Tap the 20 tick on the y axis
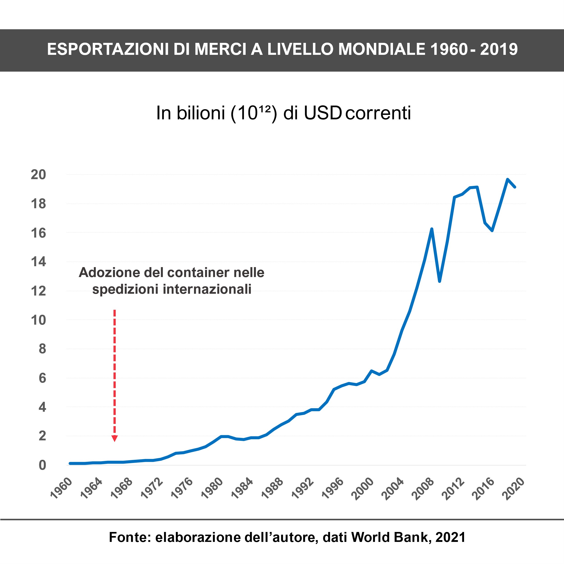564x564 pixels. click(x=39, y=175)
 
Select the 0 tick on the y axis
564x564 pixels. click(x=42, y=465)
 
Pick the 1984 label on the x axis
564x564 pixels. click(x=242, y=488)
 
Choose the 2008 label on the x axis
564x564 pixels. click(x=423, y=489)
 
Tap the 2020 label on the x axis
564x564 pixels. click(x=513, y=489)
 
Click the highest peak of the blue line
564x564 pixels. click(x=508, y=179)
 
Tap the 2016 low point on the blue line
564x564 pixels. click(x=492, y=231)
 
